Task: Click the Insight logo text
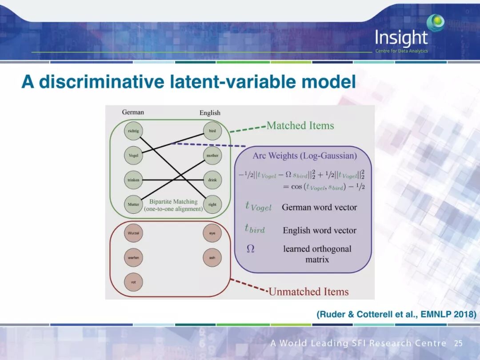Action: pyautogui.click(x=401, y=38)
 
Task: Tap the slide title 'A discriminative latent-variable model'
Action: pyautogui.click(x=189, y=82)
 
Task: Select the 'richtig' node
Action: pyautogui.click(x=133, y=132)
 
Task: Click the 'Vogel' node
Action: pyautogui.click(x=133, y=156)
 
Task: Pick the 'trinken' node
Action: pyautogui.click(x=133, y=180)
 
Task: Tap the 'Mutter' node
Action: pyautogui.click(x=133, y=204)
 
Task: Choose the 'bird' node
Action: pyautogui.click(x=212, y=132)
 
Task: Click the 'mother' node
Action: pyautogui.click(x=212, y=156)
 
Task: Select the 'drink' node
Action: pyautogui.click(x=212, y=180)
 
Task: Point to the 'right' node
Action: pyautogui.click(x=212, y=204)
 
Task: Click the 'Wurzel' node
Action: pyautogui.click(x=133, y=233)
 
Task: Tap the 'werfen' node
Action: pyautogui.click(x=133, y=257)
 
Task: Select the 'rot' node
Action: pyautogui.click(x=133, y=282)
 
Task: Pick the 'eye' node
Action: pyautogui.click(x=212, y=233)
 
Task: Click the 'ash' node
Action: pyautogui.click(x=212, y=257)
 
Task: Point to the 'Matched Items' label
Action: pyautogui.click(x=300, y=126)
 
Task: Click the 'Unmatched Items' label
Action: pyautogui.click(x=308, y=292)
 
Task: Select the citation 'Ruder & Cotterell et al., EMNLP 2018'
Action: pyautogui.click(x=396, y=315)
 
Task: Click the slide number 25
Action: pyautogui.click(x=458, y=344)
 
